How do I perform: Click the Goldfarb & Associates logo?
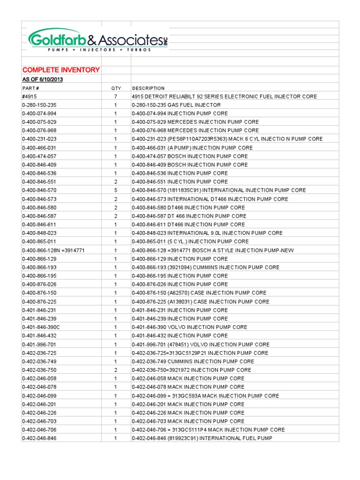(x=97, y=40)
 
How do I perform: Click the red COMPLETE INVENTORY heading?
(x=61, y=70)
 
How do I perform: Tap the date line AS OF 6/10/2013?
(x=43, y=79)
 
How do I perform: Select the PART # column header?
(x=30, y=88)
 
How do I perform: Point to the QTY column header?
(x=116, y=88)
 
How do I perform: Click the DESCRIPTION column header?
(x=149, y=88)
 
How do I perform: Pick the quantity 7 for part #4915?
(x=116, y=97)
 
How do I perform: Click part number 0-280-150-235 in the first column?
(x=39, y=105)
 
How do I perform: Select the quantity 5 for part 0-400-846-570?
(x=116, y=190)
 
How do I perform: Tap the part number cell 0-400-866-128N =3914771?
(x=53, y=250)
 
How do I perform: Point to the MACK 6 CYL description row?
(x=227, y=139)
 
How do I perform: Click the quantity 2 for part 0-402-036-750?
(x=116, y=370)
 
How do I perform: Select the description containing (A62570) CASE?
(x=199, y=293)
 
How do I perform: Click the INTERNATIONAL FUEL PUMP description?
(x=202, y=438)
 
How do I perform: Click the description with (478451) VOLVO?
(x=201, y=345)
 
